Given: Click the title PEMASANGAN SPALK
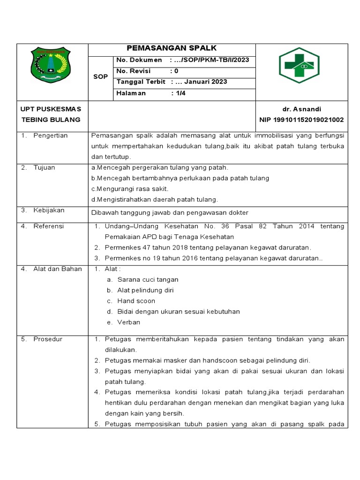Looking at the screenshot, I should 172,48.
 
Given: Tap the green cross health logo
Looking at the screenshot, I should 299,65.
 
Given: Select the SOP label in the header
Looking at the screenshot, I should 100,76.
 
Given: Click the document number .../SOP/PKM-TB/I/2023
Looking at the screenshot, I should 212,60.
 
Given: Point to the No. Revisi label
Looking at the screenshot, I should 133,71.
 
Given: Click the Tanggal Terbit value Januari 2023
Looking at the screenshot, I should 206,82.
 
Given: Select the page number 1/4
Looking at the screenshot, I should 180,93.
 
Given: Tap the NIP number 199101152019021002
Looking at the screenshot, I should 301,120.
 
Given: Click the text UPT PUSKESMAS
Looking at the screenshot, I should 51,109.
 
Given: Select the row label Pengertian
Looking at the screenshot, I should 50,135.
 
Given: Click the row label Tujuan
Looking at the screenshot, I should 44,167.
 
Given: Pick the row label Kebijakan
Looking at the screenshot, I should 49,210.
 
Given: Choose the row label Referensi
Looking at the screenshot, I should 48,226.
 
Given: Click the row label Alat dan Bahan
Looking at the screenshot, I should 57,269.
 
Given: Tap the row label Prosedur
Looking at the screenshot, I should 47,339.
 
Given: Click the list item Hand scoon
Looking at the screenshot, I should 136,301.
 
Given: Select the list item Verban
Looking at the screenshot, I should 128,322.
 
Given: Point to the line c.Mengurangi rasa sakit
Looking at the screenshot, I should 129,189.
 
